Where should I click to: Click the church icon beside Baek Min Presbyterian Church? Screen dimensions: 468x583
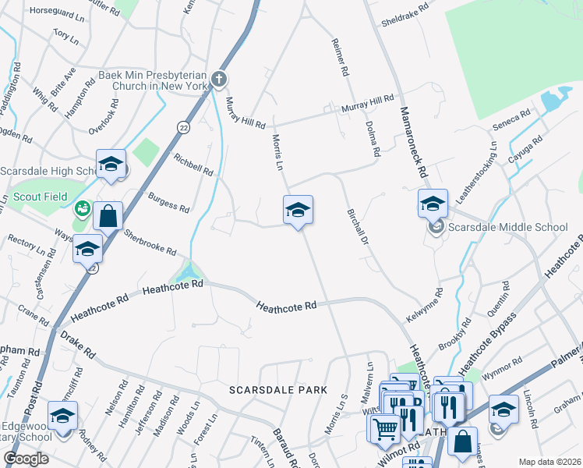[220, 79]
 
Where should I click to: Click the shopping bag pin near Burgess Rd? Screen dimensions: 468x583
[108, 215]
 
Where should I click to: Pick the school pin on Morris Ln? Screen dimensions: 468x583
[297, 211]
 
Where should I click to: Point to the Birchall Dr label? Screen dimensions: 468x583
[357, 226]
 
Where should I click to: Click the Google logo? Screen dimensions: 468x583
[26, 459]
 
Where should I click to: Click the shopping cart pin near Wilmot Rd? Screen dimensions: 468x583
[383, 427]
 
